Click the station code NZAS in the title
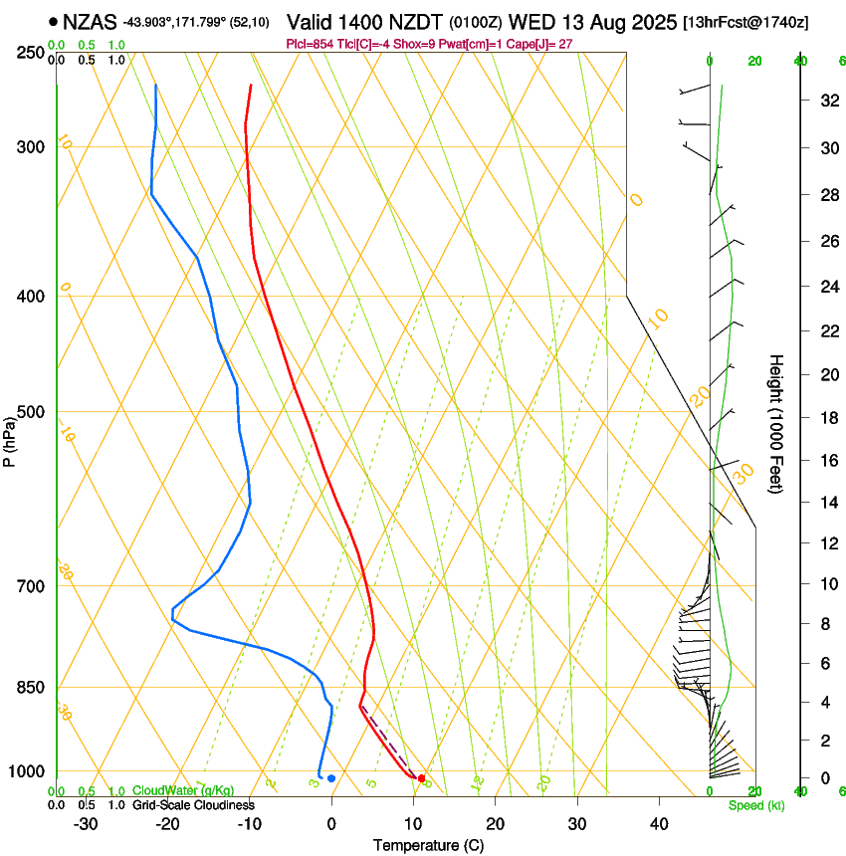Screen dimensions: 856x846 [90, 22]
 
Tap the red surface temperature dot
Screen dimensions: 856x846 [422, 778]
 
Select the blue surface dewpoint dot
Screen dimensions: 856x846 [331, 778]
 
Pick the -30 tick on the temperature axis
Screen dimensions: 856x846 [86, 824]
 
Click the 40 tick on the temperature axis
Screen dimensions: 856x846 [659, 824]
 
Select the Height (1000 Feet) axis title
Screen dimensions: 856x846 [776, 423]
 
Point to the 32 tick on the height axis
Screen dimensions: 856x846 [827, 101]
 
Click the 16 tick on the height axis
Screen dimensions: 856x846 [827, 461]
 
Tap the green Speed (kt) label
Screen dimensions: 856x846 [755, 805]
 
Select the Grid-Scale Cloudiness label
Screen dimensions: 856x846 [193, 805]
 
